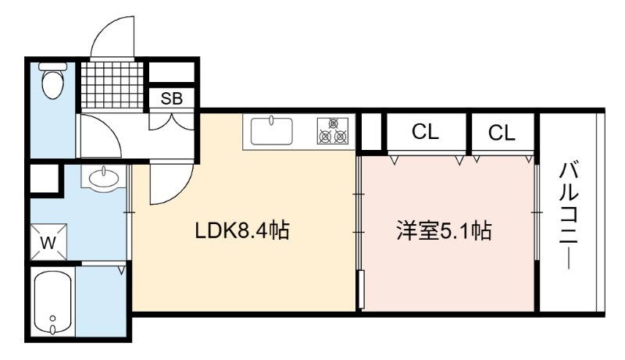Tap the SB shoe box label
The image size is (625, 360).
[172, 98]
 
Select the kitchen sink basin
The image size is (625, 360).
[271, 130]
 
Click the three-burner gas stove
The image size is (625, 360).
[333, 131]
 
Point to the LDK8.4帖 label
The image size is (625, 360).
[242, 230]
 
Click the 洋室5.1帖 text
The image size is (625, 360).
[444, 230]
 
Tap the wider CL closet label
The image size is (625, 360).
[425, 131]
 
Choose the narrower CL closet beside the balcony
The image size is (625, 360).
[502, 133]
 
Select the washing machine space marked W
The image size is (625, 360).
[48, 242]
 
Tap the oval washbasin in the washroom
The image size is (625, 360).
[104, 178]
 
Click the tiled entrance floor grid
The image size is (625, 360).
[112, 85]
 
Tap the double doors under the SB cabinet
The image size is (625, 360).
[171, 121]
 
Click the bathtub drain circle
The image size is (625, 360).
[53, 318]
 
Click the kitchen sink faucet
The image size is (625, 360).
[271, 119]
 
